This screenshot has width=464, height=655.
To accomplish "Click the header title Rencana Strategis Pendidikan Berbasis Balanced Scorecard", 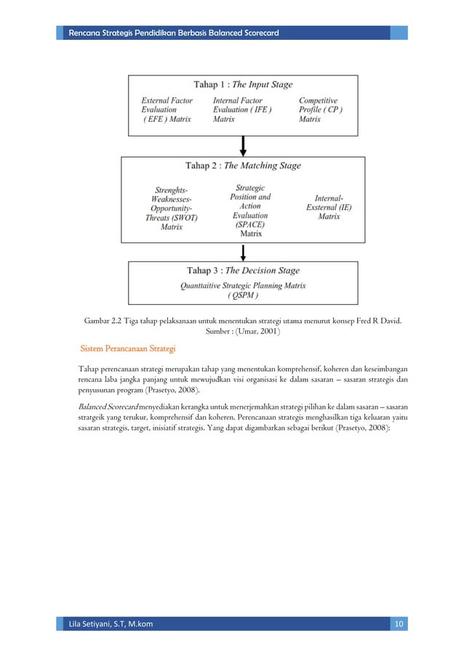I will (x=172, y=33).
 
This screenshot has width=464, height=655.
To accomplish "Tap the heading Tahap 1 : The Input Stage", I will (x=243, y=84).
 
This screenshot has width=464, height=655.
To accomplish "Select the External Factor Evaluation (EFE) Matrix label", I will (x=167, y=110).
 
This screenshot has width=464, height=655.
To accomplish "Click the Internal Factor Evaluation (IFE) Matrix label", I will (x=242, y=110).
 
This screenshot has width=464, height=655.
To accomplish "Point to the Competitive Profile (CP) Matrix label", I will (x=321, y=110).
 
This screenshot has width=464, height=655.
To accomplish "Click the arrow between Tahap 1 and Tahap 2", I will (x=243, y=145).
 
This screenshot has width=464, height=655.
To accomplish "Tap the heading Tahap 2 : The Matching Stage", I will (x=243, y=166).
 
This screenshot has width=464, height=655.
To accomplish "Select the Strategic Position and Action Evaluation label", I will (x=250, y=206).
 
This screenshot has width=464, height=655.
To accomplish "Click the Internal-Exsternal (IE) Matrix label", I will (x=329, y=207).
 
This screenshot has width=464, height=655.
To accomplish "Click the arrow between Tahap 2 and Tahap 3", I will (x=243, y=252).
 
